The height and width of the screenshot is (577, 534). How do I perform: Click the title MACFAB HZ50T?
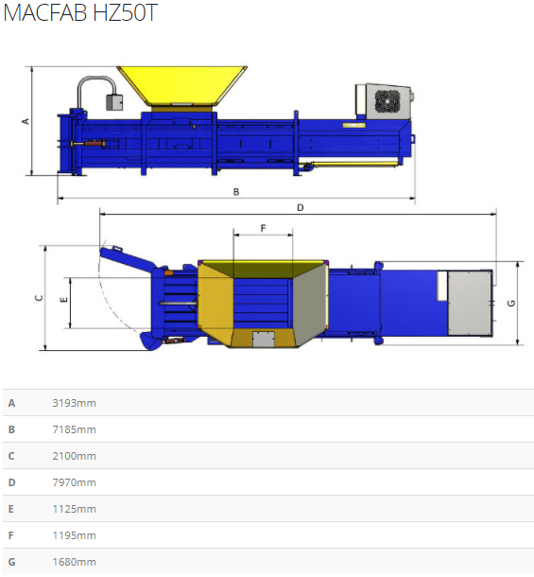click(80, 12)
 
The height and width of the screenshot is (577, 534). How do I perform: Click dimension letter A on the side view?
click(26, 121)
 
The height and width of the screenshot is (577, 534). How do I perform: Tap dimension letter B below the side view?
click(236, 192)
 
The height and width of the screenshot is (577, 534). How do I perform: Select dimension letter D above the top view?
click(301, 207)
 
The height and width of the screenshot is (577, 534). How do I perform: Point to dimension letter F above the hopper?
click(263, 228)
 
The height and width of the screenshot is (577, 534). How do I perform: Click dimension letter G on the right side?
click(511, 303)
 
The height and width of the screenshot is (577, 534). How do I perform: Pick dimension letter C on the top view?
click(39, 298)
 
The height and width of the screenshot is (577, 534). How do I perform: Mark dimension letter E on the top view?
click(63, 300)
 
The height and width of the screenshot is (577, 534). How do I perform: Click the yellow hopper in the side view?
click(181, 85)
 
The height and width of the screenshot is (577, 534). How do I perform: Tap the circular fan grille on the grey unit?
click(387, 100)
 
